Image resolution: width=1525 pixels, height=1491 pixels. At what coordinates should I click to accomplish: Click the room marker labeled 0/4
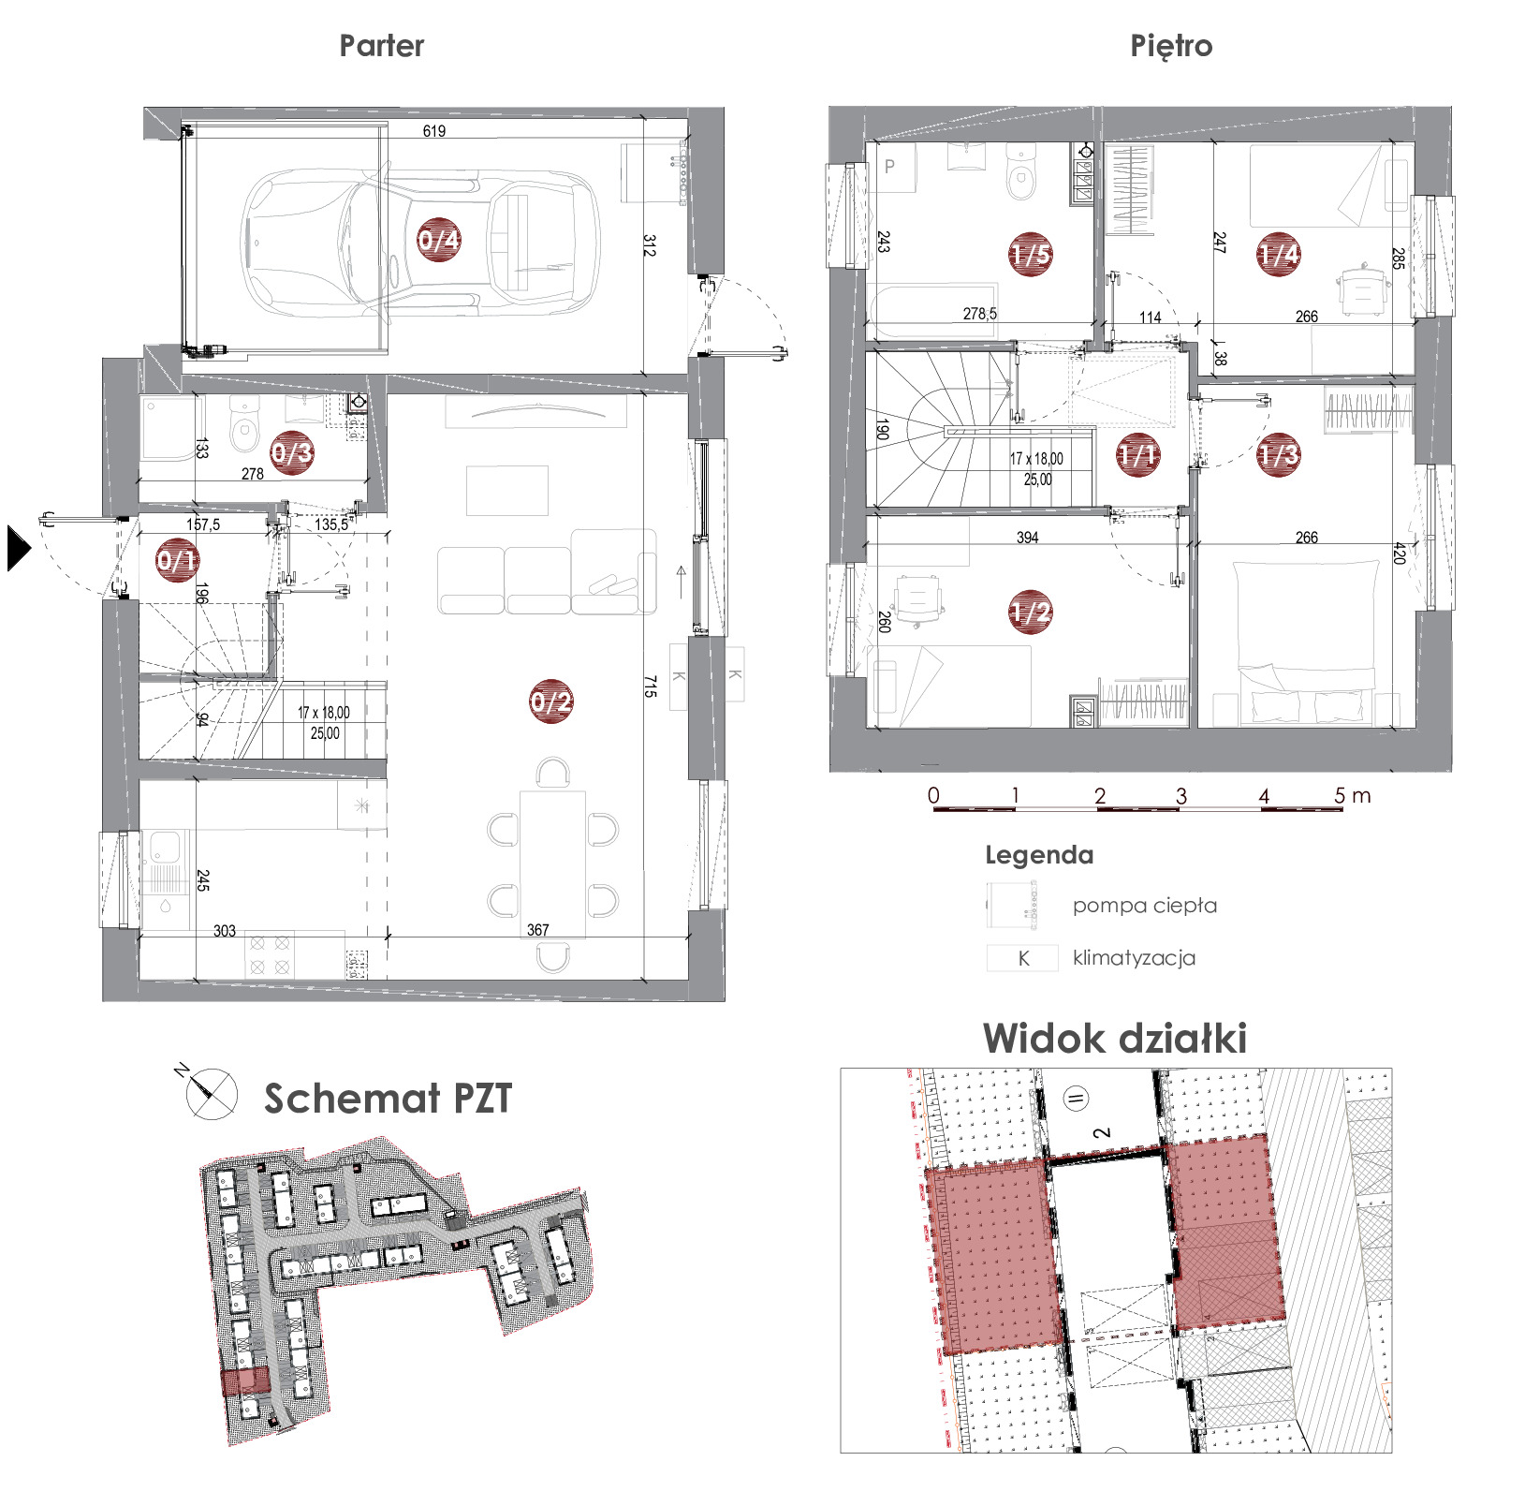[438, 240]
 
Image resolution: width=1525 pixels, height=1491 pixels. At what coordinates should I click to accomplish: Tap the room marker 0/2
[550, 701]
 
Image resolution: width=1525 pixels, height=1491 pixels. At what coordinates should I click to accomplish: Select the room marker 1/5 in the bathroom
[1030, 254]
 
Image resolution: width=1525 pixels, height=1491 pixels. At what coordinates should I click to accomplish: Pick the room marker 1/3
[1279, 454]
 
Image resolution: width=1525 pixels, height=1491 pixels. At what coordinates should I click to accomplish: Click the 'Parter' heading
[382, 46]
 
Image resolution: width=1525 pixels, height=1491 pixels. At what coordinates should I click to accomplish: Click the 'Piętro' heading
[1171, 46]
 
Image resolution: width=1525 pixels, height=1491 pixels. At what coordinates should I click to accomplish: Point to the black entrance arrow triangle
[19, 549]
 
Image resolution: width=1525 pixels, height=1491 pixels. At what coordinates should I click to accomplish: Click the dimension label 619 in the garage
[434, 131]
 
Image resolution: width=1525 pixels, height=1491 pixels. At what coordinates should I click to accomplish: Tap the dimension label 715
[649, 686]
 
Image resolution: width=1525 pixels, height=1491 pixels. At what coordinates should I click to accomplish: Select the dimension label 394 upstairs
[1028, 538]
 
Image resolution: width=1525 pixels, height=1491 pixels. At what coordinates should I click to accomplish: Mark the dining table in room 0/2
[553, 864]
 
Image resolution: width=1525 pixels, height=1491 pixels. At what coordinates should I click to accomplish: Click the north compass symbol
[210, 1093]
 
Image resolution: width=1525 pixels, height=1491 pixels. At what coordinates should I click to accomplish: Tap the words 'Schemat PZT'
[388, 1099]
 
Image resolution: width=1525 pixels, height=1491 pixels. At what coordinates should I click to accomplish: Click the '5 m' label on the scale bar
[1352, 796]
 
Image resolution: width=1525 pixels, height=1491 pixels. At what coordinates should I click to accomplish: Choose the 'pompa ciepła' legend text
[1145, 906]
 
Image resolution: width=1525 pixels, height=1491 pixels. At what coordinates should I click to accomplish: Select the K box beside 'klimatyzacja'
[1022, 958]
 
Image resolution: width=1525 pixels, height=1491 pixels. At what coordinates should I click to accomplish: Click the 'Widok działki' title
[1115, 1039]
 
